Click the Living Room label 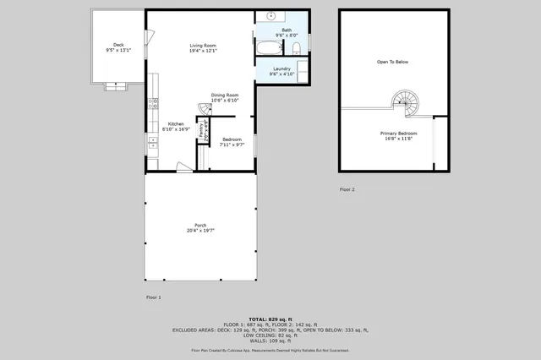tap(203, 46)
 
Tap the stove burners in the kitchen tap(152, 105)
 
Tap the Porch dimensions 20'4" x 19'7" tap(200, 231)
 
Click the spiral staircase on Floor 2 tap(403, 103)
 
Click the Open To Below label tap(392, 62)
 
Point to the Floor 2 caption tap(347, 189)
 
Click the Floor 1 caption tap(153, 297)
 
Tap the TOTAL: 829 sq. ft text tap(270, 319)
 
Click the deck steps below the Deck tap(113, 85)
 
